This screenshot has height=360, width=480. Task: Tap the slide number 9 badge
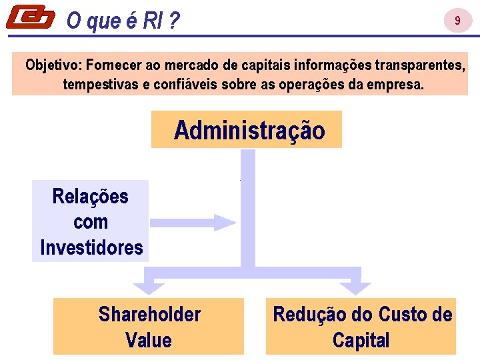457,21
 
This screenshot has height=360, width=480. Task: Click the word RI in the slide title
152,22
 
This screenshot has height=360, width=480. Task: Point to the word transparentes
420,65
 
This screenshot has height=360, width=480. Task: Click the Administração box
249,130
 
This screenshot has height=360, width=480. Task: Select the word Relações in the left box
90,197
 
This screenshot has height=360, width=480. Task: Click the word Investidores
91,248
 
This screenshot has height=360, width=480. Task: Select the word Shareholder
149,314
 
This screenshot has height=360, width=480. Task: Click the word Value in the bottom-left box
148,340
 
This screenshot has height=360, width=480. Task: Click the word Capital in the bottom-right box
361,340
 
